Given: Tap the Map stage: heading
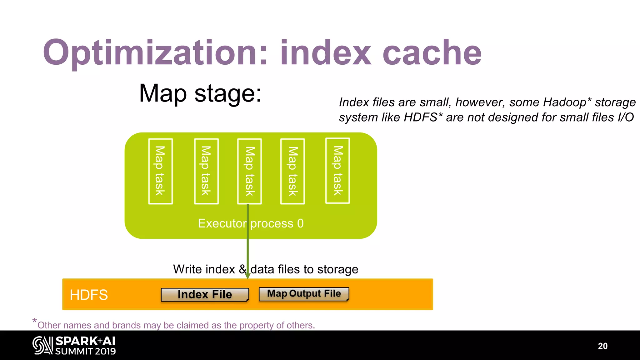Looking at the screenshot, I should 200,93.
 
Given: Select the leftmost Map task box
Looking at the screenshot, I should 160,171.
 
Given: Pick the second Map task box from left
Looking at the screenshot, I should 206,171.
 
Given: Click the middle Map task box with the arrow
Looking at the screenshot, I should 249,171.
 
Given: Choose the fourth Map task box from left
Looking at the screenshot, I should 292,171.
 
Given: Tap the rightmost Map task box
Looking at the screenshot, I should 337,171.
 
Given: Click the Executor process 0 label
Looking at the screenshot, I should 251,223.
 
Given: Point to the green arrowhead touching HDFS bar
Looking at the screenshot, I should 248,276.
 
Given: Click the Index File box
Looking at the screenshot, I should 205,294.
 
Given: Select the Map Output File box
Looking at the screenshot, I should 304,294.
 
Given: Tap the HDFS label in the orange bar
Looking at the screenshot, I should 89,295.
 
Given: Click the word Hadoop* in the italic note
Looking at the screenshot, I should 567,102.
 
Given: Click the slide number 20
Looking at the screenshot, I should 602,346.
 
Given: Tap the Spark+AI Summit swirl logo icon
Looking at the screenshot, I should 42,345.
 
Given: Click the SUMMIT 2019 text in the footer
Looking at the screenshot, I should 86,351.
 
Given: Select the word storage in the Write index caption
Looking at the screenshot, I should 337,269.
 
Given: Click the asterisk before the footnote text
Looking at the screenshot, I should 34,321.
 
